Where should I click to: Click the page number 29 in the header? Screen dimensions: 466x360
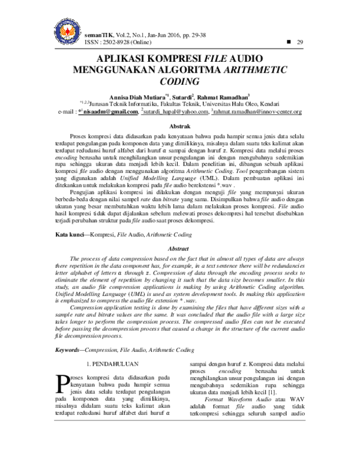pyautogui.click(x=300, y=41)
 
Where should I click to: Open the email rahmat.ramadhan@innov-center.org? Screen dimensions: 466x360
pyautogui.click(x=257, y=112)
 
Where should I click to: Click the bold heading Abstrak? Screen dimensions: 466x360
pyautogui.click(x=180, y=127)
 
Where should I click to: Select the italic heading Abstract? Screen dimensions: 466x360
pyautogui.click(x=180, y=248)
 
